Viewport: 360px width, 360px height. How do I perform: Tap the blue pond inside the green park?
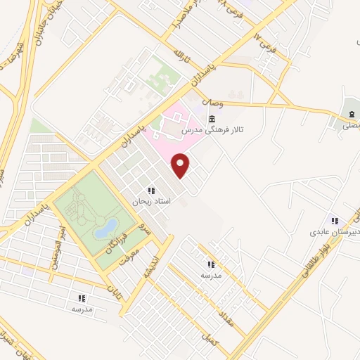click(107, 227)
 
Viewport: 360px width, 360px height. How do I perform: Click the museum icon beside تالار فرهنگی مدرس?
click(212, 117)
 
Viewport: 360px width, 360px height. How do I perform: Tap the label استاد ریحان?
click(148, 202)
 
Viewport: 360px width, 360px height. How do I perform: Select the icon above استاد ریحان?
click(150, 191)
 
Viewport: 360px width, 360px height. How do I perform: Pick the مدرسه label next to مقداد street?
click(211, 275)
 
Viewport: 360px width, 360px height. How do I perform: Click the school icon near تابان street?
click(82, 298)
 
